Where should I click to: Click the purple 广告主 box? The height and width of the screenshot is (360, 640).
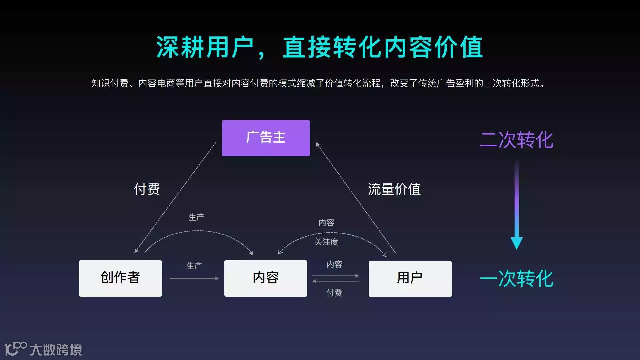tap(266, 138)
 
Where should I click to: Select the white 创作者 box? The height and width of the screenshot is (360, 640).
tap(120, 278)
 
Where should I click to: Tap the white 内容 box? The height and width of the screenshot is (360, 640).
tap(266, 278)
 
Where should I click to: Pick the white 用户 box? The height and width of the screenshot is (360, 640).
tap(410, 279)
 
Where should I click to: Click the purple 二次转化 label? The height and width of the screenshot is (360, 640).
tap(516, 140)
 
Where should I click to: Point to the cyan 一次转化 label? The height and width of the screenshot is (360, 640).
tap(516, 279)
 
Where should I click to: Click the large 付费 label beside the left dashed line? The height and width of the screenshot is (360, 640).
tap(147, 189)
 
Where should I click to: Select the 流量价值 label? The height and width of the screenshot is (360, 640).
tap(394, 189)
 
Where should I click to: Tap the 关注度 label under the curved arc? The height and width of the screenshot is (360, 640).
tap(326, 242)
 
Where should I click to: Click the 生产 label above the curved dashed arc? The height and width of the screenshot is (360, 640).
tap(196, 217)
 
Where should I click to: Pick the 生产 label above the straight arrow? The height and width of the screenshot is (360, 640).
tap(194, 266)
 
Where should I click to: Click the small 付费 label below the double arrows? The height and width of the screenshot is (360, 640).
tap(334, 293)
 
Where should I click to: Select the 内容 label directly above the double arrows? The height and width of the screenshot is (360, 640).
tap(334, 264)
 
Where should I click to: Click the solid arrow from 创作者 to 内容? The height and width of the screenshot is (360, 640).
tap(194, 278)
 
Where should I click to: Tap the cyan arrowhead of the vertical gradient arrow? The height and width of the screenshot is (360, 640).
tap(516, 243)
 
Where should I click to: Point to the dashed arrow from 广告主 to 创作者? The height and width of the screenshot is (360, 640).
tap(175, 198)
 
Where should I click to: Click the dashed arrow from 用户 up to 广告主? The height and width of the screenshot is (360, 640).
tap(356, 198)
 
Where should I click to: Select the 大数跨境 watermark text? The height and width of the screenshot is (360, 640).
tap(56, 350)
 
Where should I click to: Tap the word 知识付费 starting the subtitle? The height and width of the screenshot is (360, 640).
tap(110, 83)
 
